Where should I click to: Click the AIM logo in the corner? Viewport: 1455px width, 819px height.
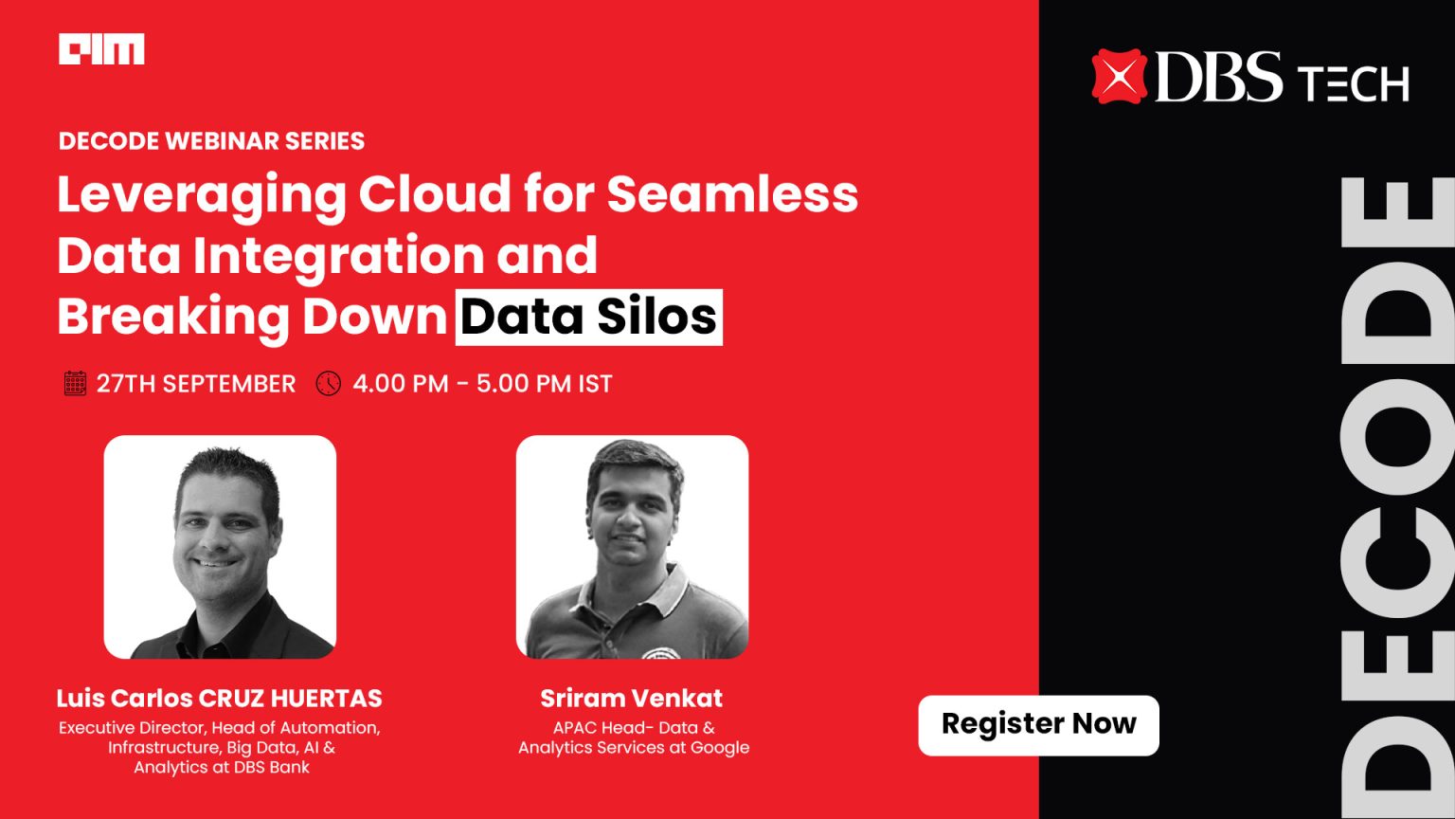[x=101, y=49]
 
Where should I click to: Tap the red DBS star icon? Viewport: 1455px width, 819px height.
[x=1119, y=76]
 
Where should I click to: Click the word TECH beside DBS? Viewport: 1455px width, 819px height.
[x=1354, y=84]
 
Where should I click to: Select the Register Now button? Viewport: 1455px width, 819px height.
[x=1038, y=725]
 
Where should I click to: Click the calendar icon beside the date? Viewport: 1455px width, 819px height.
[x=75, y=384]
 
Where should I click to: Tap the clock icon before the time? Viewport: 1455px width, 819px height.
[x=328, y=384]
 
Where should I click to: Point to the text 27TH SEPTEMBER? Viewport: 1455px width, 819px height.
[x=196, y=384]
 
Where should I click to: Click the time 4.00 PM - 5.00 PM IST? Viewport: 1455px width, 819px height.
[x=482, y=384]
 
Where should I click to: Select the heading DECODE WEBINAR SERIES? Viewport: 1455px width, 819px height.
[x=211, y=141]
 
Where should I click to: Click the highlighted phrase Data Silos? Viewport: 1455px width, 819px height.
[x=588, y=318]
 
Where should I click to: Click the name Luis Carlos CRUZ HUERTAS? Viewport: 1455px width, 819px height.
[x=219, y=699]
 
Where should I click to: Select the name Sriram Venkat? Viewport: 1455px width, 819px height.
[x=631, y=699]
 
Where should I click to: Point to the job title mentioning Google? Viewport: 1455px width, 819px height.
[x=633, y=737]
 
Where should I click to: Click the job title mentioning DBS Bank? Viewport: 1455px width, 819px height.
[x=220, y=747]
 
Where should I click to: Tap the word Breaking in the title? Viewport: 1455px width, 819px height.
[x=172, y=318]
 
